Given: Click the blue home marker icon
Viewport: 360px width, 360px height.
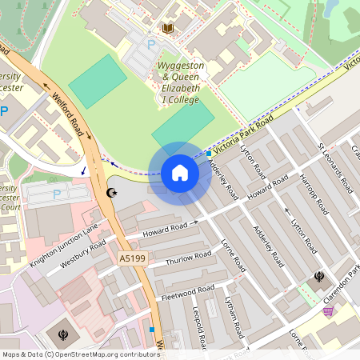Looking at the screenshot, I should point(180,173).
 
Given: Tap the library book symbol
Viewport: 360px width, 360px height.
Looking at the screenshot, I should point(168,29).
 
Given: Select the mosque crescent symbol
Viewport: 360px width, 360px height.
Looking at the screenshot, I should point(111,193).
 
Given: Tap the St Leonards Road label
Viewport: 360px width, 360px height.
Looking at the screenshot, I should point(335,169).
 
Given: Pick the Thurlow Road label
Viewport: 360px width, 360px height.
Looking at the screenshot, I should point(188,258).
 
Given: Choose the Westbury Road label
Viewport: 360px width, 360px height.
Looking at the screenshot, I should point(83,254).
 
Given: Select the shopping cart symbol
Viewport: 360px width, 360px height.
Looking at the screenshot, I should point(328,310).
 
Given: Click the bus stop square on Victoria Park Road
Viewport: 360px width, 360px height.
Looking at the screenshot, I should point(209,153).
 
